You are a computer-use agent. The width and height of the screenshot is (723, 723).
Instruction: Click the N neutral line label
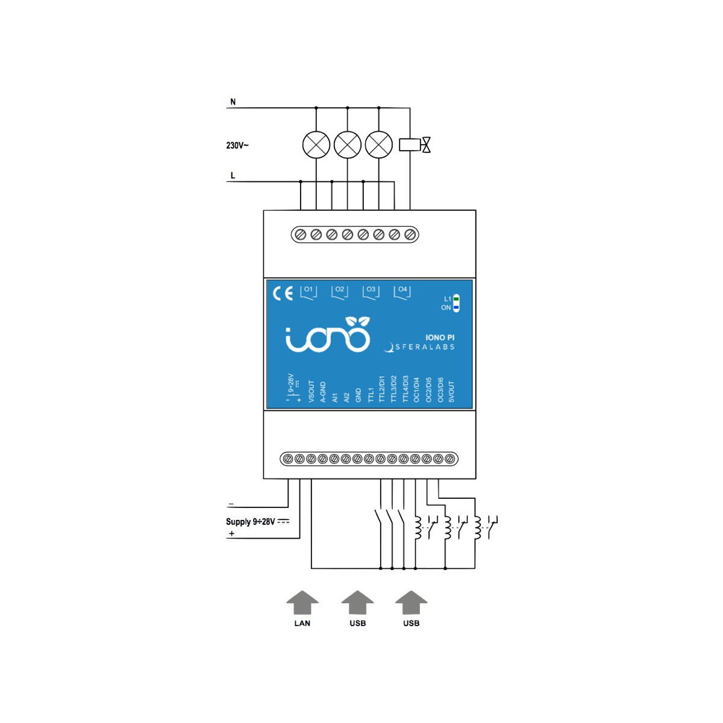coord(233,102)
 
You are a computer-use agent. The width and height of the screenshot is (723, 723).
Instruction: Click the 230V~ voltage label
coord(237,145)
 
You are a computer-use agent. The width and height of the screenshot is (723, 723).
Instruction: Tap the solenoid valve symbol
coord(415,145)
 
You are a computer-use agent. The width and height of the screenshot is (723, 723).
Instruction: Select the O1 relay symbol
coord(308,292)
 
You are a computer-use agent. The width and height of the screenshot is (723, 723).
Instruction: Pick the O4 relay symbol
coord(402,292)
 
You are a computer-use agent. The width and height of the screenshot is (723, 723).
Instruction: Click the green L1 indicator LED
coord(456,299)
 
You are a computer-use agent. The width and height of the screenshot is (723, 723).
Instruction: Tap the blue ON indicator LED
coord(456,307)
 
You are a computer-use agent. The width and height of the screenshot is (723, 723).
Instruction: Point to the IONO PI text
coord(440,337)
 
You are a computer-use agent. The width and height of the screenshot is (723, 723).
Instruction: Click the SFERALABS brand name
coord(425,347)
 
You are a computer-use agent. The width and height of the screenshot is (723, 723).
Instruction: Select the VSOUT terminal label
coord(311,392)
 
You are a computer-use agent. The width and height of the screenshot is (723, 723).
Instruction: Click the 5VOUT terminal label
coord(451,392)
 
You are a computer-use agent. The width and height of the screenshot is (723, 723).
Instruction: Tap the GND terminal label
coord(358,395)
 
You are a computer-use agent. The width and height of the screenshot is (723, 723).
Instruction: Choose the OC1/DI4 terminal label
coord(416,390)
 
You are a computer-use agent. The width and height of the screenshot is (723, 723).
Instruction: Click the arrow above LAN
coord(302,602)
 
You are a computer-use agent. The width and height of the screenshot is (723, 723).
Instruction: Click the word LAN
coord(302,623)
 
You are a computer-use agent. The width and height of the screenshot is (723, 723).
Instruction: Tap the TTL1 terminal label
coord(371,395)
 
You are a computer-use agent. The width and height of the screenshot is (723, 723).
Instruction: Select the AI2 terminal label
coord(346,398)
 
